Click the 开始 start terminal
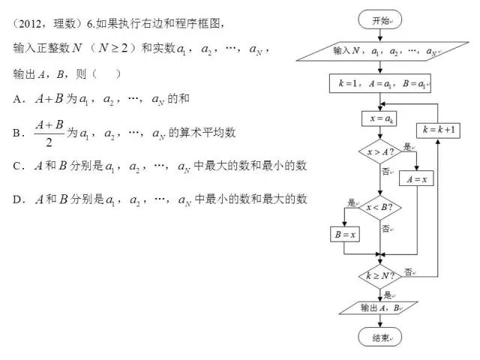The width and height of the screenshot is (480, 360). coord(380,19)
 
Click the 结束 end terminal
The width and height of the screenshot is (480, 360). coord(380,337)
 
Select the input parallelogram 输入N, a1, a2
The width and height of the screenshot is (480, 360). coord(382,51)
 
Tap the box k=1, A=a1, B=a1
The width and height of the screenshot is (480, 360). coord(380,83)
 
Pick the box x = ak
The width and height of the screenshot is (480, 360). coord(379,118)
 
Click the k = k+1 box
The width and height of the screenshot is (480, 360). coord(438,130)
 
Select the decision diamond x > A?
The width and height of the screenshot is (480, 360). coord(380,151)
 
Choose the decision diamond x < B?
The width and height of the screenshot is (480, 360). coord(380,208)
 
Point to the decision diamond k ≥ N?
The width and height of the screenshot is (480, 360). coord(380,277)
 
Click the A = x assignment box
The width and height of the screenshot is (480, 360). coord(417,178)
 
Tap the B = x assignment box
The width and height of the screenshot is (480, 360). coord(345,235)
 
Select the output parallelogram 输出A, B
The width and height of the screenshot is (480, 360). coord(378,308)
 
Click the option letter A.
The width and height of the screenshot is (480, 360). coord(16,99)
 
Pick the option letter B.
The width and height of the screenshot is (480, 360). coord(16,133)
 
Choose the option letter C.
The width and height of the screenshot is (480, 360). coord(16,166)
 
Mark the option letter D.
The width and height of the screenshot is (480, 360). coord(16,199)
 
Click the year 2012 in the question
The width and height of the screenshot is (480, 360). coord(30,24)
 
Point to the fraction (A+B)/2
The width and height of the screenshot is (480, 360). coord(49,133)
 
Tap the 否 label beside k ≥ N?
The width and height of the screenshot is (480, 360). coord(408,271)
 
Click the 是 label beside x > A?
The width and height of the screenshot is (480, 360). coord(407,147)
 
